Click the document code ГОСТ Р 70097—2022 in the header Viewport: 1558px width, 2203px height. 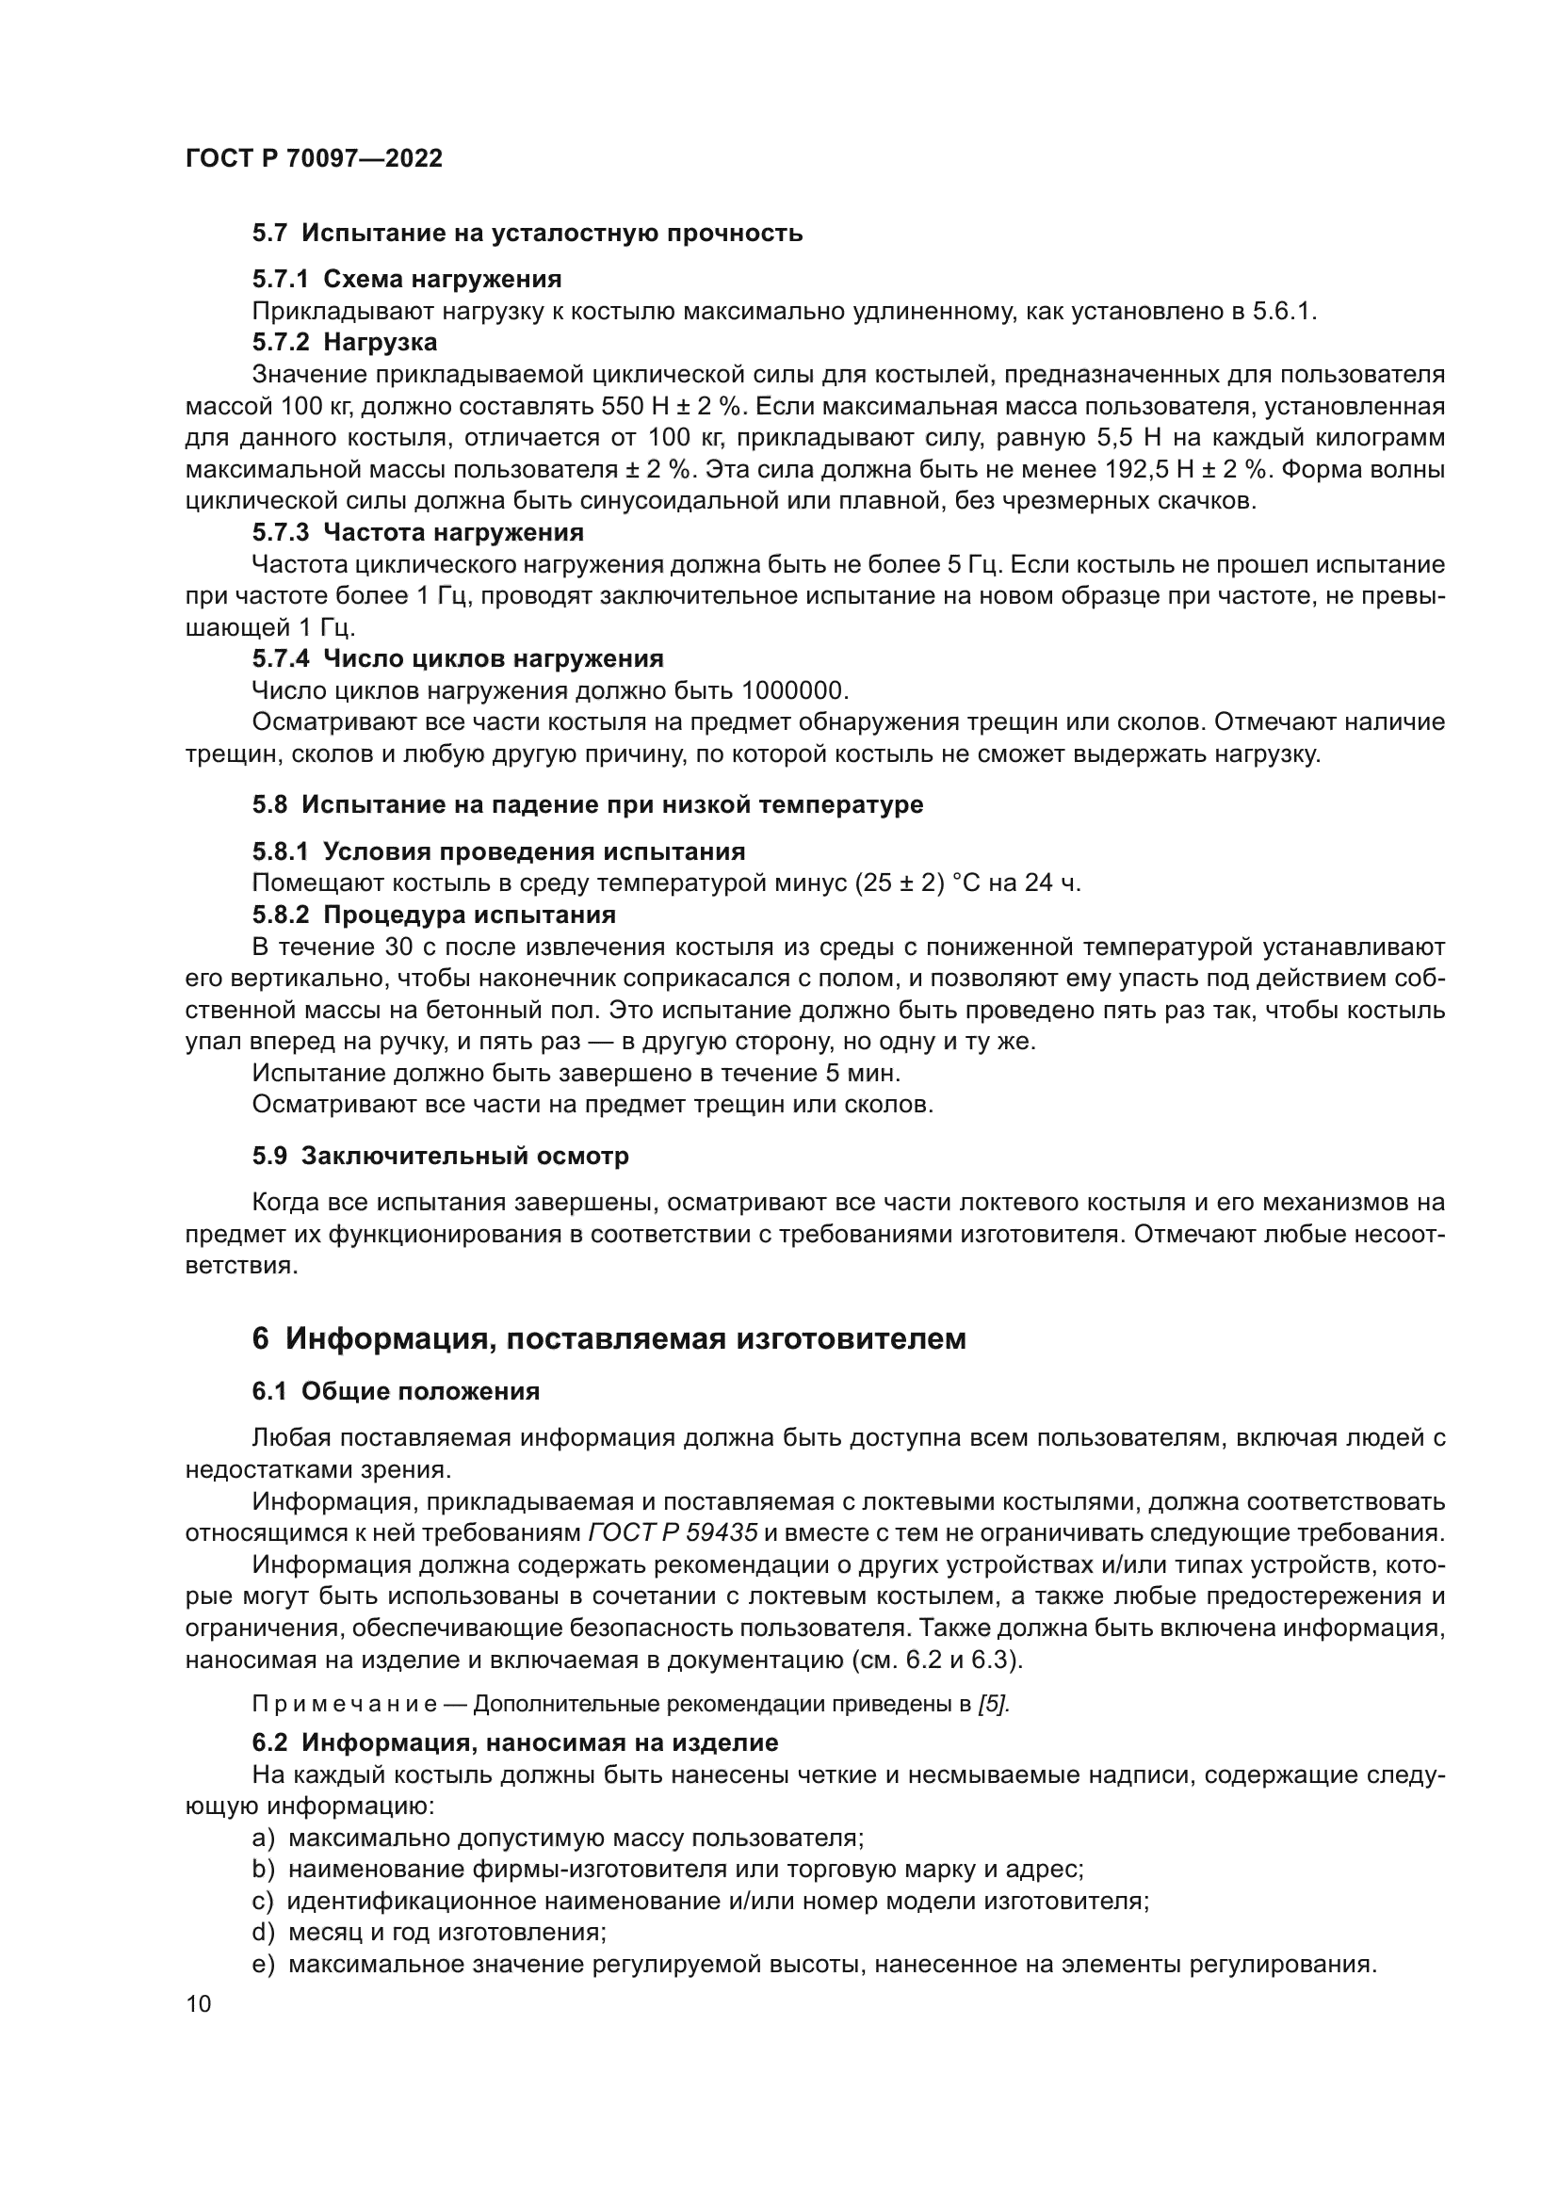pyautogui.click(x=314, y=158)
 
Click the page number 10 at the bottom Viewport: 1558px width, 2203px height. pyautogui.click(x=199, y=2004)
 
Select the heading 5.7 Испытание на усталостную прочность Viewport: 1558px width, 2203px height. pyautogui.click(x=527, y=234)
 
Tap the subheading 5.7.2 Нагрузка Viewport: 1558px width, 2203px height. pyautogui.click(x=345, y=343)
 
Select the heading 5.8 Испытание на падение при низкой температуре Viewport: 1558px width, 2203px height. pyautogui.click(x=587, y=804)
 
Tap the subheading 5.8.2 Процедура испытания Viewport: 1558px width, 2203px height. pyautogui.click(x=433, y=915)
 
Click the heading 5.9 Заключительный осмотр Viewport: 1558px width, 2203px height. pyautogui.click(x=440, y=1157)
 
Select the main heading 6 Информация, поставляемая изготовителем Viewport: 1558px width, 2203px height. pyautogui.click(x=609, y=1338)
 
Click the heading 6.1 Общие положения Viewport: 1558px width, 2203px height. pyautogui.click(x=396, y=1391)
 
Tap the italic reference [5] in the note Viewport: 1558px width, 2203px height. pyautogui.click(x=993, y=1705)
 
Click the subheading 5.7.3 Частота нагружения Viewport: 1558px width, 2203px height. pyautogui.click(x=417, y=532)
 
